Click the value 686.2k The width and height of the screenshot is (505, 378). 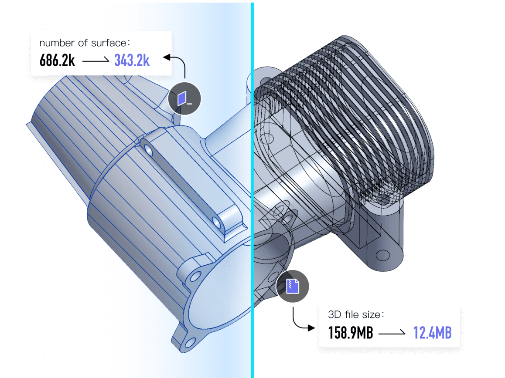pos(57,60)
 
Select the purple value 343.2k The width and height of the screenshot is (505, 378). pos(132,60)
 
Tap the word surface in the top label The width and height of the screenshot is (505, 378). pos(109,43)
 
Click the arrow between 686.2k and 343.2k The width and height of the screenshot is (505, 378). pos(96,60)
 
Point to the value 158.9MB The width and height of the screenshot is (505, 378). pos(351,333)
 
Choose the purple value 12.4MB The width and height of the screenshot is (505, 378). pos(432,333)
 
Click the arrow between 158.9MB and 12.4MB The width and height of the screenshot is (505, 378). pos(392,333)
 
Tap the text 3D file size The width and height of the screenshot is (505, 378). pos(354,314)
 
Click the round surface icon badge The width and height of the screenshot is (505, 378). pos(184,98)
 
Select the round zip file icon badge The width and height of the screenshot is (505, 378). pos(293,286)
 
